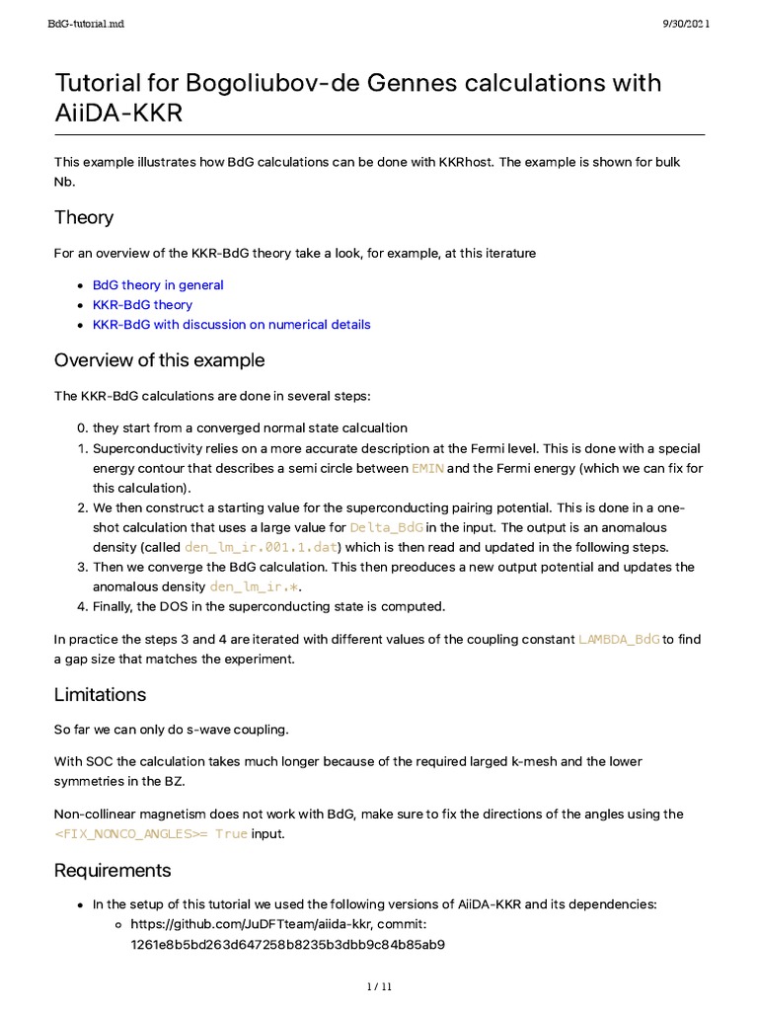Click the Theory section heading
[x=84, y=217]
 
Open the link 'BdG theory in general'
[x=158, y=284]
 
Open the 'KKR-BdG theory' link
[x=142, y=304]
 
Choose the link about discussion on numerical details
[x=231, y=324]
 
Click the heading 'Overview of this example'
[x=159, y=359]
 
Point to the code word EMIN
[x=427, y=468]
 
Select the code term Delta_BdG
[x=386, y=527]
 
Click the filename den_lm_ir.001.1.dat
[x=261, y=547]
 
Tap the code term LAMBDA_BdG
[x=619, y=639]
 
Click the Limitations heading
[x=100, y=694]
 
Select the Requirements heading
[x=113, y=870]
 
